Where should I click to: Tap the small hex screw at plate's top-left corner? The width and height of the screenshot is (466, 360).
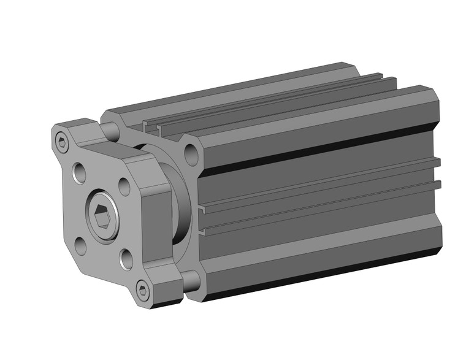pyautogui.click(x=61, y=144)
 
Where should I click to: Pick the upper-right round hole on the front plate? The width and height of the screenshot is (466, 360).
pyautogui.click(x=123, y=186)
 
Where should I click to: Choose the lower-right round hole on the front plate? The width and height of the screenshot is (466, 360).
pyautogui.click(x=126, y=259)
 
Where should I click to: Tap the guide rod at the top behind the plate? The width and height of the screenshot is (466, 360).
pyautogui.click(x=113, y=130)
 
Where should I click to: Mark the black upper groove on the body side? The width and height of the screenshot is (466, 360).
pyautogui.click(x=307, y=153)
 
